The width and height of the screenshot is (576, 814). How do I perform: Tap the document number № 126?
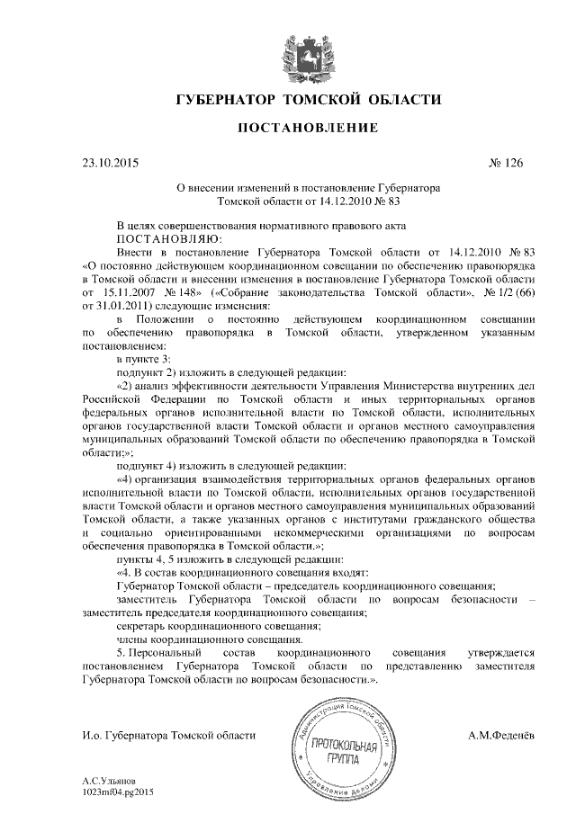tap(505, 165)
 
